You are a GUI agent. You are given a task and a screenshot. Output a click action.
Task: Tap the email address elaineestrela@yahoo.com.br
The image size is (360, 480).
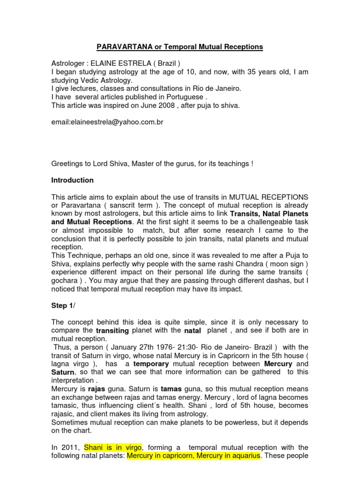pos(108,122)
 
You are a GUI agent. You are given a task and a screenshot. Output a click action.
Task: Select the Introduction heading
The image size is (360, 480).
pos(72,180)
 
